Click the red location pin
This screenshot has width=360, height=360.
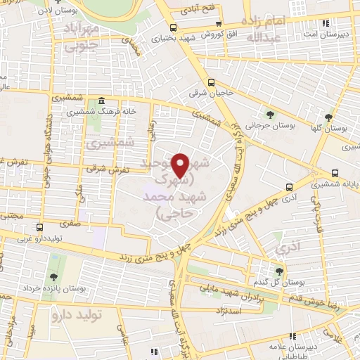183,165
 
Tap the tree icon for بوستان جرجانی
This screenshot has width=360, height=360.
271,115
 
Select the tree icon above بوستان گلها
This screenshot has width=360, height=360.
328,117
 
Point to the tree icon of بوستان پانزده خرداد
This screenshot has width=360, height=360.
54,278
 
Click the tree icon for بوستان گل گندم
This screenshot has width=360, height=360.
279,271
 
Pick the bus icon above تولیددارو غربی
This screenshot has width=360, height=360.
39,227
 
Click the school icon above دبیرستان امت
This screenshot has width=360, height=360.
325,23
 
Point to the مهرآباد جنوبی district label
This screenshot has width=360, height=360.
82,38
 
